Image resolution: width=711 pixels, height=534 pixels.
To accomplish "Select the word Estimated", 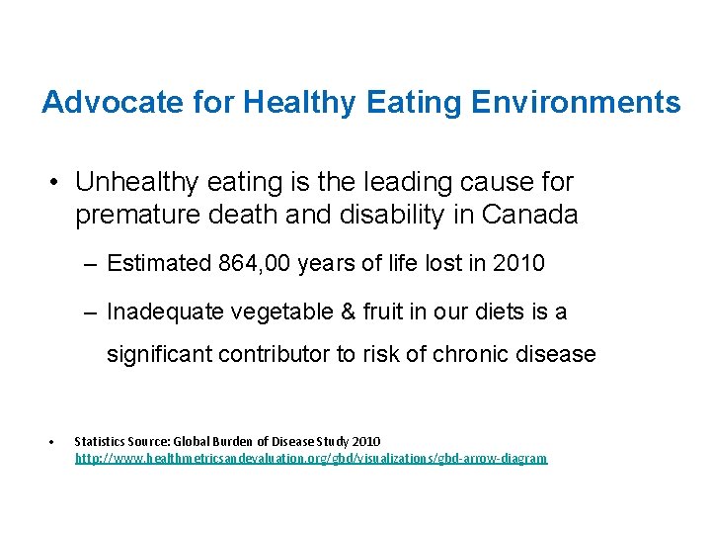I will coord(158,263).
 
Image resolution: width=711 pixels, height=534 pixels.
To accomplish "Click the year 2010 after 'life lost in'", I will coord(518,263).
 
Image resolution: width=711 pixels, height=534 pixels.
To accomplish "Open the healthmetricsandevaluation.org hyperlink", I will coord(311,459).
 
